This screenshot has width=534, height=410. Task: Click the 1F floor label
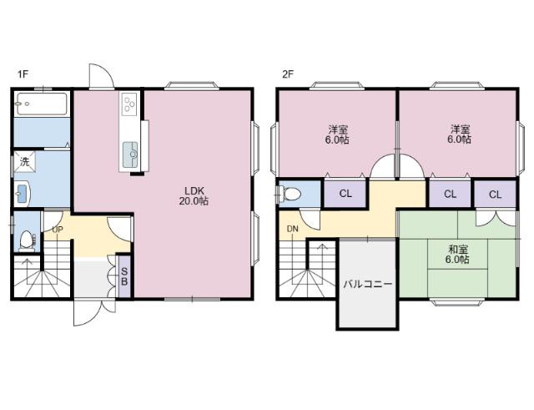[x=23, y=74]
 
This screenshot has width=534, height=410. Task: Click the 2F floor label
[x=288, y=74]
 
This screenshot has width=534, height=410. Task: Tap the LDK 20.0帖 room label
[x=194, y=195]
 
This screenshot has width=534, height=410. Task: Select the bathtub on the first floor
[x=42, y=104]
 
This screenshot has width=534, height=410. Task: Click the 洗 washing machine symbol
[x=24, y=162]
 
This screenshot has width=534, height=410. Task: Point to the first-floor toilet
[x=27, y=240]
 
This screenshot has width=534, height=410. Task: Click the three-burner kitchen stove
[x=130, y=104]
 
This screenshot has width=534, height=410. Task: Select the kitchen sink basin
[x=130, y=154]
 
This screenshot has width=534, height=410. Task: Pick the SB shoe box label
[x=124, y=276]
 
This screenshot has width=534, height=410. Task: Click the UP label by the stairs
[x=58, y=230]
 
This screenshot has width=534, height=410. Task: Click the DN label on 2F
[x=292, y=229]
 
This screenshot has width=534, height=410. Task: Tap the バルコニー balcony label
[x=367, y=284]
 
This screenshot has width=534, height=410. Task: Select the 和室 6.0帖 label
[x=457, y=254]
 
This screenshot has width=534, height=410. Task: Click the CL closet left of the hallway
[x=345, y=194]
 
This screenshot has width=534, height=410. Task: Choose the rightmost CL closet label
[x=495, y=195]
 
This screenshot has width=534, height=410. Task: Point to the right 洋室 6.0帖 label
[x=460, y=134]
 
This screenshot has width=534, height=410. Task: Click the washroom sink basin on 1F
[x=22, y=194]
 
